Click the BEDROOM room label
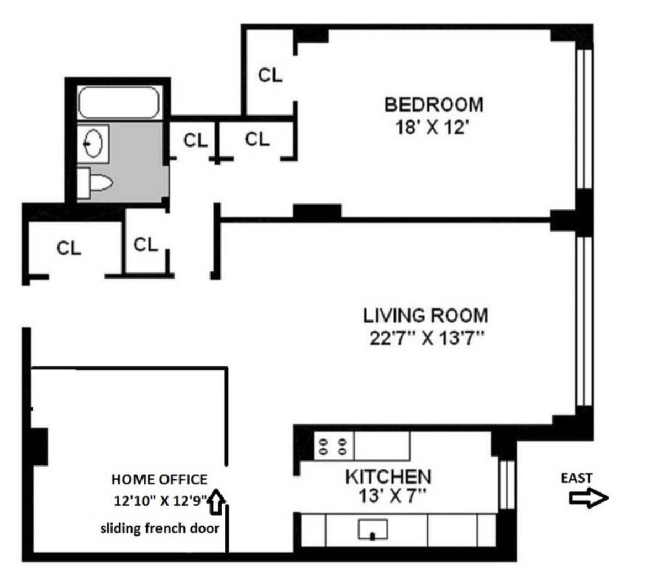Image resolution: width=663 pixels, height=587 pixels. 433,104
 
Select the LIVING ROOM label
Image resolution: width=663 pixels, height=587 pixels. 425,316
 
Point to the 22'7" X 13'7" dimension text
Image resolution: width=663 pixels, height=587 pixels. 427,338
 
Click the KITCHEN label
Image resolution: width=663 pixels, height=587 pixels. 388,476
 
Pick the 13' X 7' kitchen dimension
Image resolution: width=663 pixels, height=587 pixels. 392,496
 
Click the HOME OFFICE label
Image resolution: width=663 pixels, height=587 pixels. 159,479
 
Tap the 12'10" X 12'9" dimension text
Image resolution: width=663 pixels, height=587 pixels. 160,501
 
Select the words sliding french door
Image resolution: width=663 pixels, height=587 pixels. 159,528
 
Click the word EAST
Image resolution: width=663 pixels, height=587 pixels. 576,478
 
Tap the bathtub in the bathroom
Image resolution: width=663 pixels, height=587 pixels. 118,102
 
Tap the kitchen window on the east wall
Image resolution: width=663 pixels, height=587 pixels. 507,484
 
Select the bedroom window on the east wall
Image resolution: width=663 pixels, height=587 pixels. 583,119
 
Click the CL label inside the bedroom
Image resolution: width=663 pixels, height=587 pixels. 270,75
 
